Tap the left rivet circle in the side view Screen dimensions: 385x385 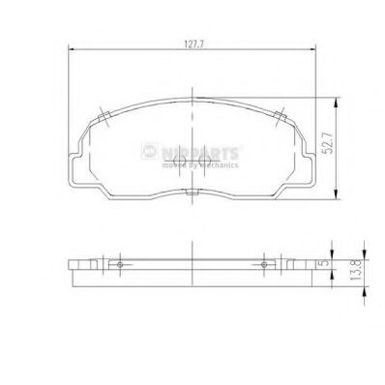pyautogui.click(x=119, y=263)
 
